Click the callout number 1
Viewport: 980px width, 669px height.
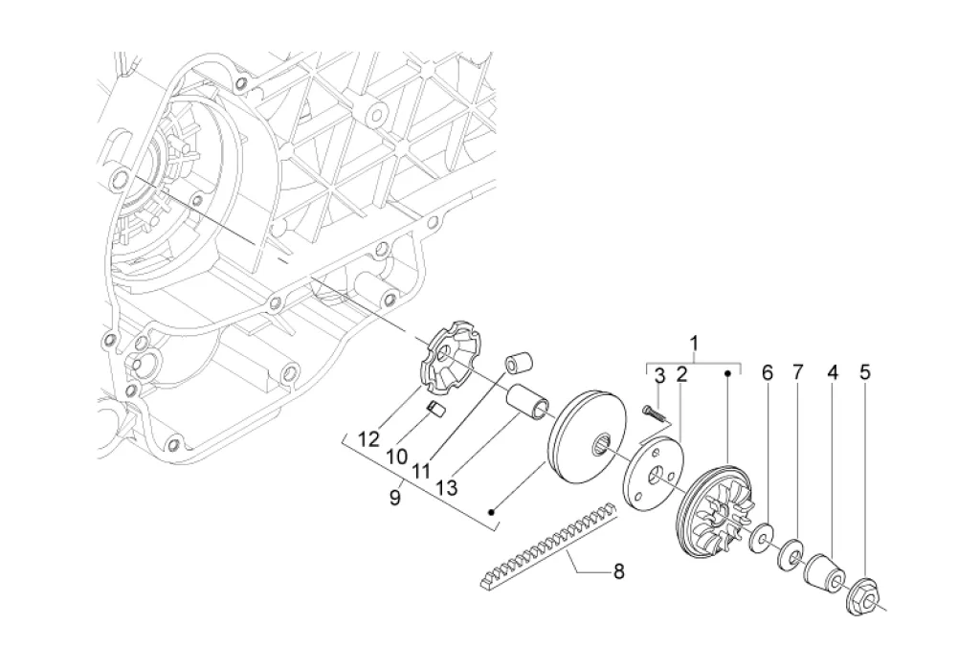click(694, 344)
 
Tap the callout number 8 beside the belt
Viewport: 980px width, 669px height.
click(619, 570)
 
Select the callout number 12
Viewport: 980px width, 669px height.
click(368, 439)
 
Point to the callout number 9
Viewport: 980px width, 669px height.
click(394, 499)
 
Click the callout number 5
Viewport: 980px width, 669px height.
click(865, 372)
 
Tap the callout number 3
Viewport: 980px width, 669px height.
click(660, 376)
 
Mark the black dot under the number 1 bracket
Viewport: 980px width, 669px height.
click(727, 373)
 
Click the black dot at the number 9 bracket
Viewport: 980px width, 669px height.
click(493, 512)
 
